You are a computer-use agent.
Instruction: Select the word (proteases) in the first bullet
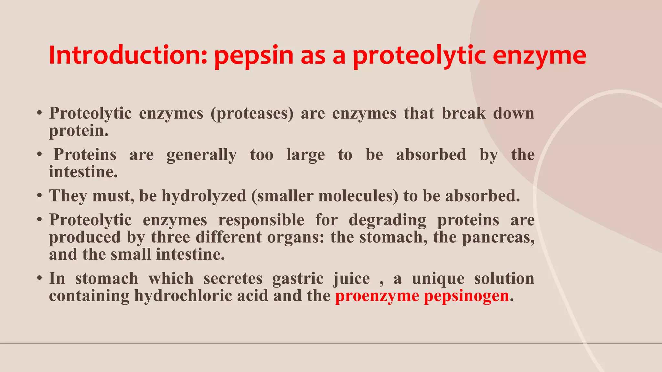(x=252, y=114)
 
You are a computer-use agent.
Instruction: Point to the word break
(x=464, y=114)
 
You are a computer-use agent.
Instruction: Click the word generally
(x=202, y=155)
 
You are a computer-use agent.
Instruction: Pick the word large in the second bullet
(x=305, y=155)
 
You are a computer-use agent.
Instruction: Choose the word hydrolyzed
(x=204, y=196)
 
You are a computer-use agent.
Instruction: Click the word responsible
(x=261, y=220)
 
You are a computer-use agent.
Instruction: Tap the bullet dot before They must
(x=39, y=196)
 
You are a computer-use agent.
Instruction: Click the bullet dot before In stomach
(x=39, y=278)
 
